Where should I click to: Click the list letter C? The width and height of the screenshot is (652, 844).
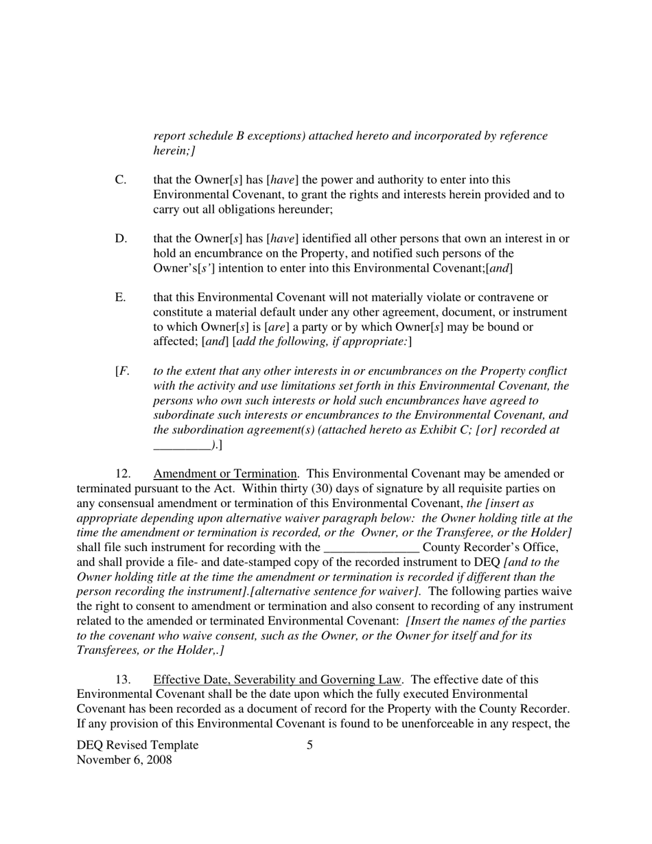pos(120,180)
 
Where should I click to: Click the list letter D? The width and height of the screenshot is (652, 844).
pos(120,239)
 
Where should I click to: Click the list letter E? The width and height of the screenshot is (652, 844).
pos(120,297)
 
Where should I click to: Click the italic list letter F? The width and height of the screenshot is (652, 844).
pos(123,371)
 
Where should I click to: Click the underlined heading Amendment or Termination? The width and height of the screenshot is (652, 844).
pos(225,474)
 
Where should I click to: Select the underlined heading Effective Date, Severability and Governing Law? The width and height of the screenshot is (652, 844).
pos(277,680)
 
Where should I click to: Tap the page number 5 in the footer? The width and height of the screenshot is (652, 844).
pos(310,745)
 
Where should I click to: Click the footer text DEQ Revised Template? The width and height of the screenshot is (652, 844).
pos(137,745)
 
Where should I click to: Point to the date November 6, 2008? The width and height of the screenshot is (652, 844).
pos(124,760)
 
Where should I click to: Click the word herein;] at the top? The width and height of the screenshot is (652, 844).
pos(174,150)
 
